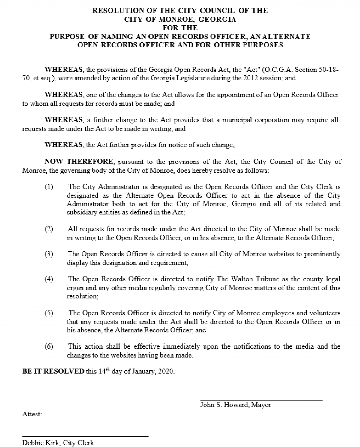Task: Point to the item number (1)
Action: coord(49,187)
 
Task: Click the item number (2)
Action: coord(49,229)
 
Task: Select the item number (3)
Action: coord(49,254)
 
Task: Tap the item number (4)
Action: coord(49,279)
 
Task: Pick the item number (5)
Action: coord(49,313)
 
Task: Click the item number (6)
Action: coord(49,346)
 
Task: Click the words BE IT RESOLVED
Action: coord(53,371)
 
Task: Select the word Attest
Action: coord(32,414)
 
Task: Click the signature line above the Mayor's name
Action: coord(262,400)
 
